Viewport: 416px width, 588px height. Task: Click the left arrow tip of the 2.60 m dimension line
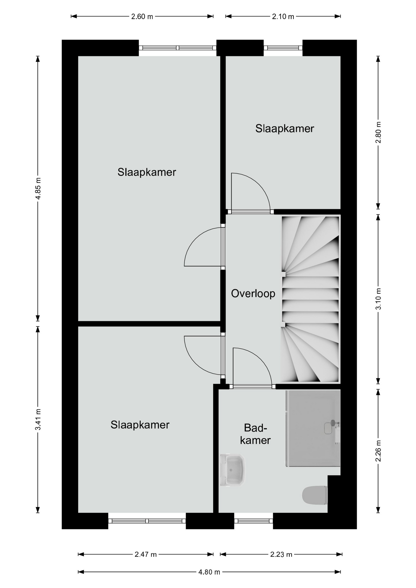[71, 16]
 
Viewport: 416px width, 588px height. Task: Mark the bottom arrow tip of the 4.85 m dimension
[38, 321]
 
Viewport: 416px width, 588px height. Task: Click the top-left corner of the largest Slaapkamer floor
[78, 56]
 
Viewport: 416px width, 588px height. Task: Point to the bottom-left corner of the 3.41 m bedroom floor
[78, 513]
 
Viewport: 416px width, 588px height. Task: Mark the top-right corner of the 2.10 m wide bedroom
[341, 56]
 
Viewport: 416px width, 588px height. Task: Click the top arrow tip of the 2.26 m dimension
[378, 389]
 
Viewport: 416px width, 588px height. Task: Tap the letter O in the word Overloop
[235, 293]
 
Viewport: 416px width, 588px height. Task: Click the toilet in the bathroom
[315, 495]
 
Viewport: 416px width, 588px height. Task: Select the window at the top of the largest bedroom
[178, 48]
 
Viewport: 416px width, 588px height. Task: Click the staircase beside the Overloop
[310, 299]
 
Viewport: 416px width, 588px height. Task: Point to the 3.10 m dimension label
[378, 299]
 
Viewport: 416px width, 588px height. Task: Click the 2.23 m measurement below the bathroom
[281, 554]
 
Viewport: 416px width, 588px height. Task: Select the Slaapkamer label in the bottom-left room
[140, 425]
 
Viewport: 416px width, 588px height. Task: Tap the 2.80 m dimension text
[378, 132]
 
